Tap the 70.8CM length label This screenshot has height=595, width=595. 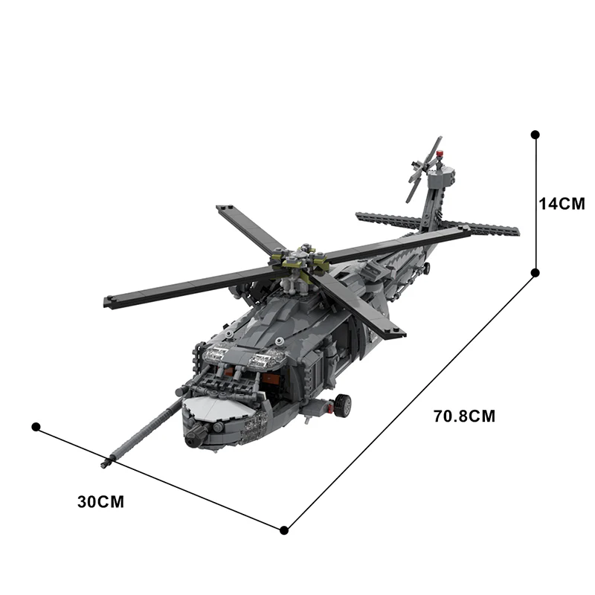point(464,416)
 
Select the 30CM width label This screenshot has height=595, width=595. point(100,501)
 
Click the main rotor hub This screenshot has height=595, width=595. point(301,262)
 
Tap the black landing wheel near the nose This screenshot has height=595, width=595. point(342,405)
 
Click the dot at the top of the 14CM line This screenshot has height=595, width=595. point(535,135)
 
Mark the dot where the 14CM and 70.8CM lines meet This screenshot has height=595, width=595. point(535,273)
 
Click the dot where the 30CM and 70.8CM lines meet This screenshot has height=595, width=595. point(284,530)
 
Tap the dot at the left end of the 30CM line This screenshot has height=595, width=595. point(35,426)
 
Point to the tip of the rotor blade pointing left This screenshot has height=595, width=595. point(109,302)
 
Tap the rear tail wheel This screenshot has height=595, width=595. point(428,266)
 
